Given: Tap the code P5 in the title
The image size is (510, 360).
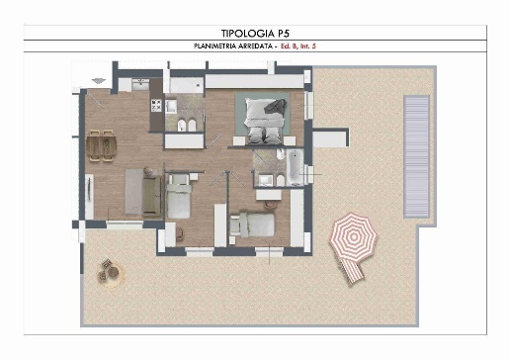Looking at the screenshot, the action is tap(283, 34).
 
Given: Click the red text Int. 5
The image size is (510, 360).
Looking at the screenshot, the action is tap(307, 46).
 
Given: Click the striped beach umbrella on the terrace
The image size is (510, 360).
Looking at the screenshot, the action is tap(353, 235).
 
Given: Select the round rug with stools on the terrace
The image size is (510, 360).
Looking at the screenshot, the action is tap(111, 273).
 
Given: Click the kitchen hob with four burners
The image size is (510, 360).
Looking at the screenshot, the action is tap(156, 105).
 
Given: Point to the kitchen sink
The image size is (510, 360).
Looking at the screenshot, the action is tap(140, 84).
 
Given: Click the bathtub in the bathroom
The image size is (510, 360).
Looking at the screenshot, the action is tap(295, 167).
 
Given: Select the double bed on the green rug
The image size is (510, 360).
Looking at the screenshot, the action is tap(264, 120).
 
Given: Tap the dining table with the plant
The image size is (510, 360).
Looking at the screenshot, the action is tap(102, 146).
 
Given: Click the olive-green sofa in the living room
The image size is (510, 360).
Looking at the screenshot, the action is tap(152, 196).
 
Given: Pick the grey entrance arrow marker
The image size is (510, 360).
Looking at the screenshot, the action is tap(99, 80).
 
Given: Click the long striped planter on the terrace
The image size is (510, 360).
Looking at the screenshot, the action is tap(417, 156).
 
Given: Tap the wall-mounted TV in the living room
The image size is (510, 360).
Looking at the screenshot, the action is tap(89, 188).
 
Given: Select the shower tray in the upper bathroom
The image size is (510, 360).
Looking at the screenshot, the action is tap(187, 85).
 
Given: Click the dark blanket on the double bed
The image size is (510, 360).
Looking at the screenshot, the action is tap(276, 107).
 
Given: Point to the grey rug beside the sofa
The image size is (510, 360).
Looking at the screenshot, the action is tap(133, 192).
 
